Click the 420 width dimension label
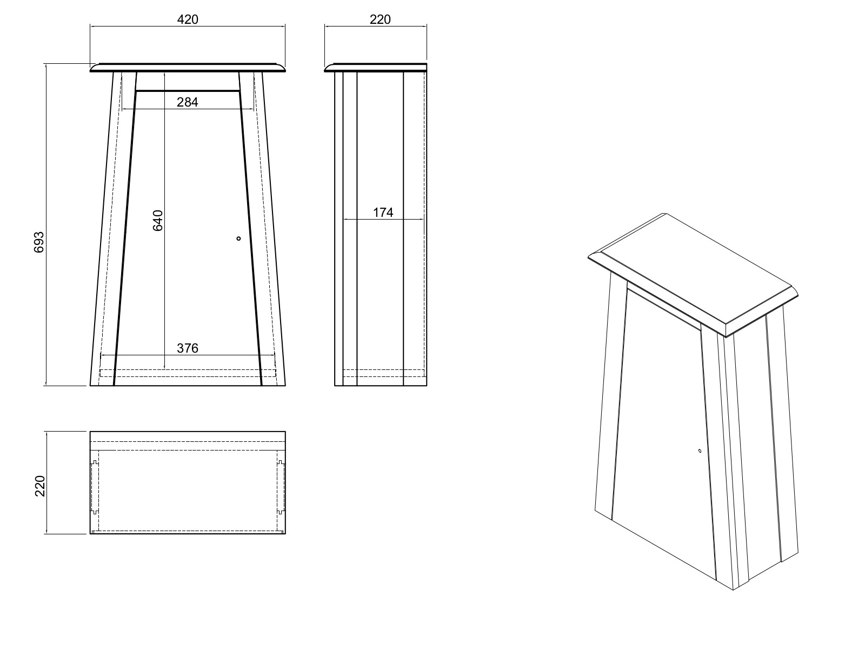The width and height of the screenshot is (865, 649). coord(188,19)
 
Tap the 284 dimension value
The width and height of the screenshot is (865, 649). coord(188,102)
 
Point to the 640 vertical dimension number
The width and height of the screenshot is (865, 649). coord(157,221)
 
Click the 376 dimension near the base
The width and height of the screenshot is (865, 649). coord(188,348)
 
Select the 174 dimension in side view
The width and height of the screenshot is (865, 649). coord(383,213)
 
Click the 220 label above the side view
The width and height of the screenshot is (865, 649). coord(380,19)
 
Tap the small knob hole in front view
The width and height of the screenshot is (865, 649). coord(238,238)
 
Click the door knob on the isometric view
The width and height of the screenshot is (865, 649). coord(700,451)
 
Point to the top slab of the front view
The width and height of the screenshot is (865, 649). coord(188,67)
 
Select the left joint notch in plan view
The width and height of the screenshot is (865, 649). coord(95,487)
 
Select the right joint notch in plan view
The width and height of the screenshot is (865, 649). coord(281,487)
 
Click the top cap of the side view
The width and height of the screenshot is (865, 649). coord(376,68)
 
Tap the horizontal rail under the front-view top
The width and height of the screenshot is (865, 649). coord(188,91)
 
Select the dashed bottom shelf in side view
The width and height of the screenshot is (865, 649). coord(383,373)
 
